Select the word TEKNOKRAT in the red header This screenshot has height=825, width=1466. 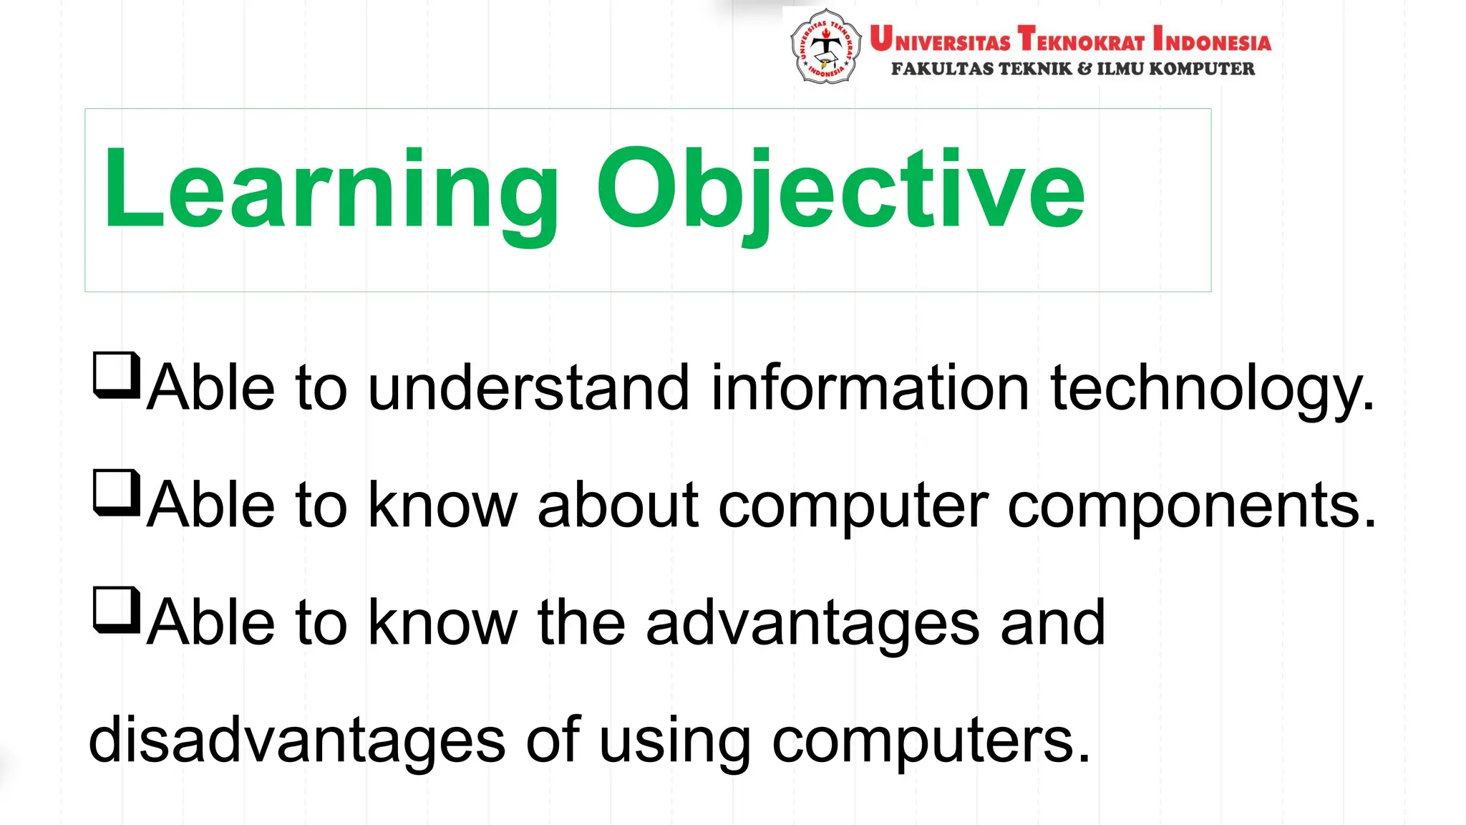click(x=1082, y=39)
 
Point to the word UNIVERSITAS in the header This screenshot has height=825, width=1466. click(x=940, y=39)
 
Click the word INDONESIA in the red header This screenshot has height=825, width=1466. click(x=1212, y=39)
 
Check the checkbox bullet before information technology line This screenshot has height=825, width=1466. click(x=116, y=375)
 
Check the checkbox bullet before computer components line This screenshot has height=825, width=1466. click(x=116, y=492)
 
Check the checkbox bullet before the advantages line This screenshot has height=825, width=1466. click(x=116, y=609)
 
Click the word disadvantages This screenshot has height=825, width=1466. click(x=296, y=740)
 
